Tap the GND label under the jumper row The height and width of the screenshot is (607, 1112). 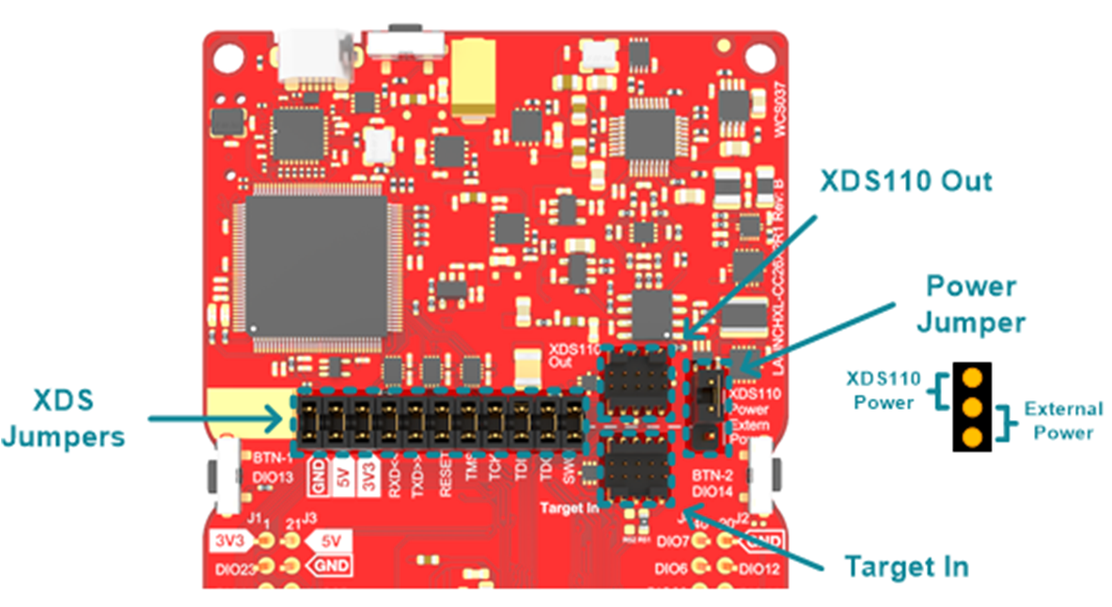pos(316,471)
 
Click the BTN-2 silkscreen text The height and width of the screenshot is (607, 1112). pos(713,473)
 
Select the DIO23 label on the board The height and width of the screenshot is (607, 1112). pos(229,567)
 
